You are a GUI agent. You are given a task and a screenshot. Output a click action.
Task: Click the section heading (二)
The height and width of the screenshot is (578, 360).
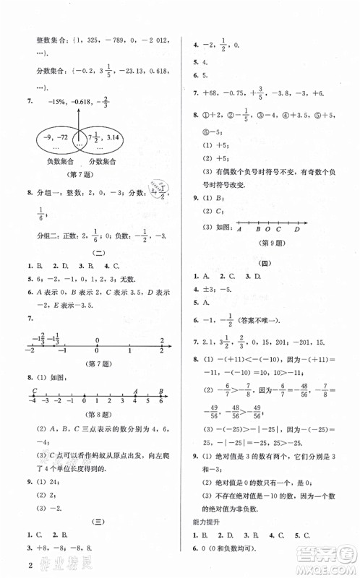(97, 251)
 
